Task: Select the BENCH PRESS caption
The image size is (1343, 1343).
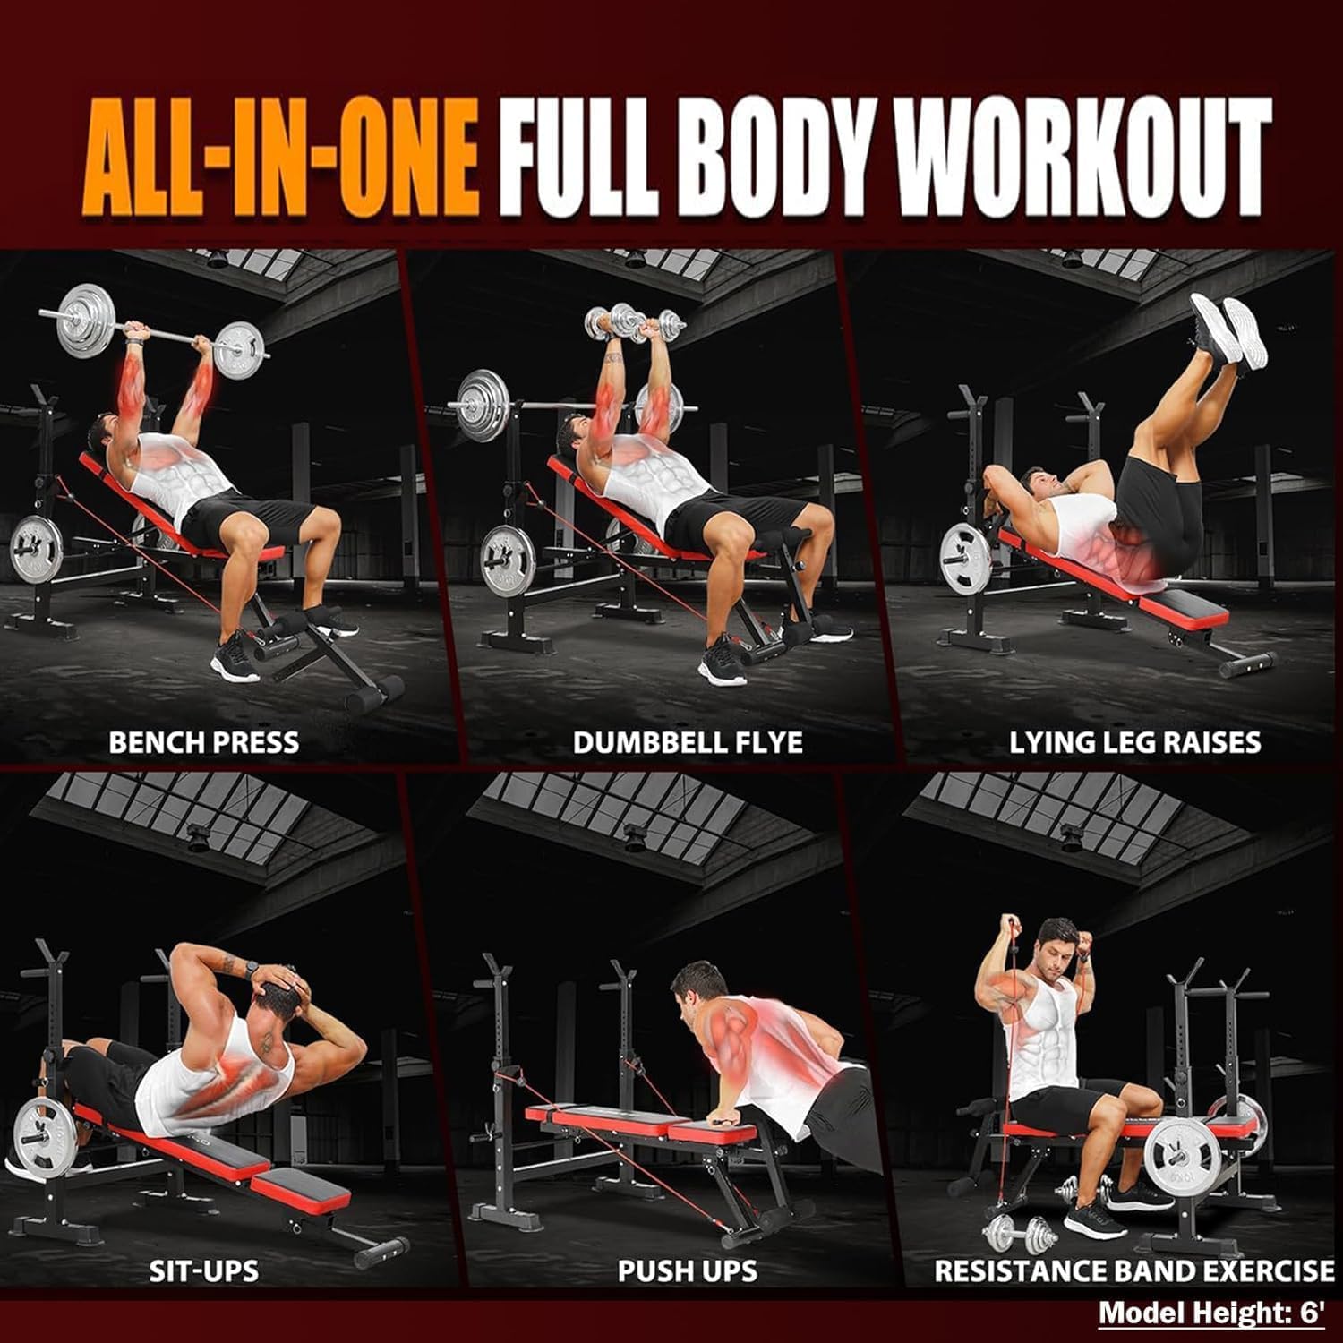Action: tap(204, 742)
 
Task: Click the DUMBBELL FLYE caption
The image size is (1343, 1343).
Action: tap(688, 742)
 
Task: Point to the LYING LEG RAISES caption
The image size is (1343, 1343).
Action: tap(1135, 742)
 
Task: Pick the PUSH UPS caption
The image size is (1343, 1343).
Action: tap(688, 1270)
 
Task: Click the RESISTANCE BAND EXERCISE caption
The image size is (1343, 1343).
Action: tap(1134, 1270)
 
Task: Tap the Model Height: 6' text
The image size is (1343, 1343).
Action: tap(1211, 1313)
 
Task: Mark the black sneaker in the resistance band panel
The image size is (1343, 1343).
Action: tap(1099, 1219)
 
